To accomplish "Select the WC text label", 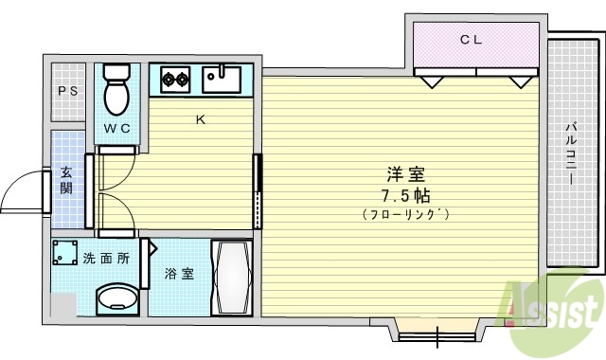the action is (116, 128).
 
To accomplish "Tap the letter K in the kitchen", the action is (200, 119).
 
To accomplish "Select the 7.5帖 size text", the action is (405, 196).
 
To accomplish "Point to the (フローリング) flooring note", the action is (405, 215).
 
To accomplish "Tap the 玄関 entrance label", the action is (67, 179).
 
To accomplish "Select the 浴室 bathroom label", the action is (179, 275).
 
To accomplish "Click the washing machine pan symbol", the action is (65, 254).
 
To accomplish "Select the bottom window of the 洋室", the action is (438, 331).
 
